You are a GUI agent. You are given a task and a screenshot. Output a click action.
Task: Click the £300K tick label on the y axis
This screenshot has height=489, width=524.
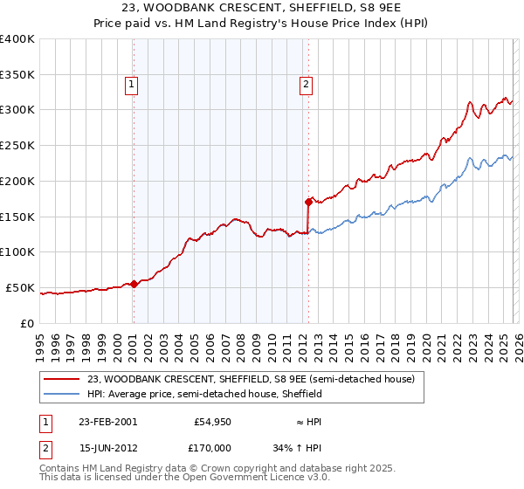click(17, 110)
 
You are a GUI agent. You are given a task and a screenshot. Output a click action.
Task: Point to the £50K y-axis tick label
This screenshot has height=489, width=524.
click(20, 287)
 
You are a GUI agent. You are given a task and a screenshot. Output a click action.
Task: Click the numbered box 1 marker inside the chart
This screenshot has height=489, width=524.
click(131, 85)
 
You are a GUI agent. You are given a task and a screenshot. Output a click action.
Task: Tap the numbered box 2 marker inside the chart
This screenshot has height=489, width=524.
click(307, 85)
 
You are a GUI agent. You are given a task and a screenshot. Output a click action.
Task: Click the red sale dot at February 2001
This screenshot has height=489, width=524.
click(134, 284)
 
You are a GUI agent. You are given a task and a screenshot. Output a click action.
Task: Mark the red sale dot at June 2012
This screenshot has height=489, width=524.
click(308, 202)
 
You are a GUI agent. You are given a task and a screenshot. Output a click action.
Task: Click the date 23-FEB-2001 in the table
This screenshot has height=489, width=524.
click(107, 422)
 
